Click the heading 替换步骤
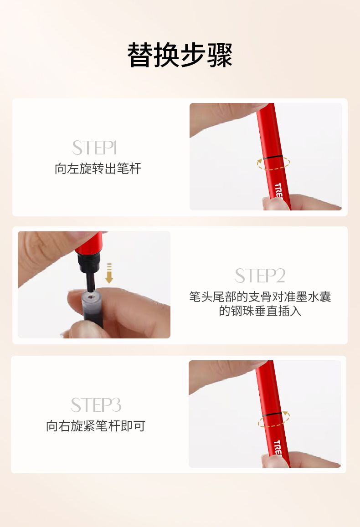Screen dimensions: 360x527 180,55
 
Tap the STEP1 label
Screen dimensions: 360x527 94,148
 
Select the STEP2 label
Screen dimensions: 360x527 260,276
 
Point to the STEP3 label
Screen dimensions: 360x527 96,405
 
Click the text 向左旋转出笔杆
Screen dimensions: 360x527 98,169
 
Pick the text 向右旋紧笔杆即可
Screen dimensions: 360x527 95,426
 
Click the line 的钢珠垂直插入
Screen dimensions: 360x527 260,311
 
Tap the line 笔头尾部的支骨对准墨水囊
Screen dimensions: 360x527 260,297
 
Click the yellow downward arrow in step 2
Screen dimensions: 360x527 109,273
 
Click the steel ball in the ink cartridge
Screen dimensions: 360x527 90,297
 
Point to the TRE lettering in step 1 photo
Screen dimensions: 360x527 278,190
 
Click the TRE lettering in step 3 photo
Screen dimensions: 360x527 278,447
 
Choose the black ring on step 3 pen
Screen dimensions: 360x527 272,414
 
